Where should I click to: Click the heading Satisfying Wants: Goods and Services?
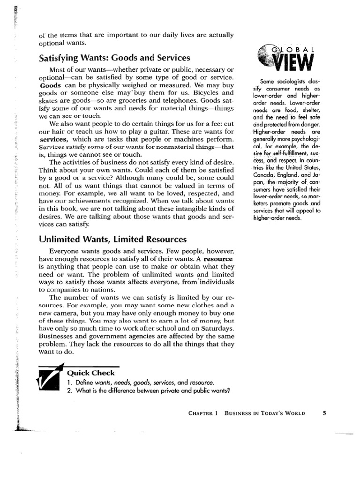(114, 58)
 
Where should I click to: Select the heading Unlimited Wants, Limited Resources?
(113, 239)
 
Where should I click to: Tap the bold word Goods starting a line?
(50, 86)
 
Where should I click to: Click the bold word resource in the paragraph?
(218, 259)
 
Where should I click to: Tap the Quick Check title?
(90, 373)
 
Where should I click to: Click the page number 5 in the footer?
(324, 413)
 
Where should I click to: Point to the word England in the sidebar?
(294, 174)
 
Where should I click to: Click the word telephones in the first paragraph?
(179, 100)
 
